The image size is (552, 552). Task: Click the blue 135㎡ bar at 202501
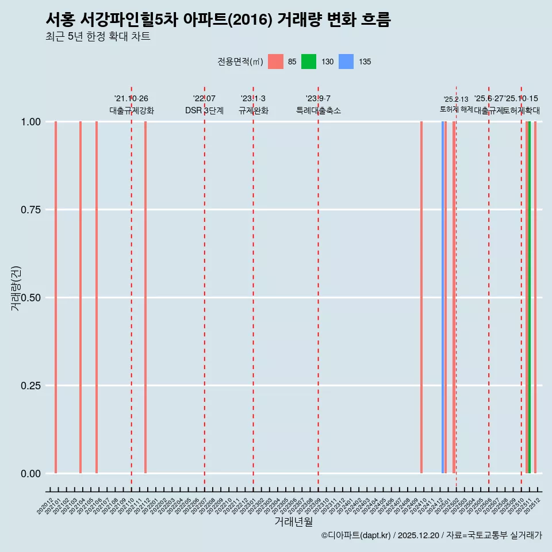click(443, 297)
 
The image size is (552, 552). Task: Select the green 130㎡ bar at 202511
click(529, 297)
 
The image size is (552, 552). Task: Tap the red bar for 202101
click(56, 297)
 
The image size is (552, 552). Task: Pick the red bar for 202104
click(80, 297)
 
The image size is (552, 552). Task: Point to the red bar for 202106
click(97, 297)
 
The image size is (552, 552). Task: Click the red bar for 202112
click(145, 297)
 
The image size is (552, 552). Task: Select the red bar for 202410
click(421, 297)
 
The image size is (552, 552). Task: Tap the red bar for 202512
click(535, 297)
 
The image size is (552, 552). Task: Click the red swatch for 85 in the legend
click(276, 62)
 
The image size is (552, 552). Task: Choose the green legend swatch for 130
click(309, 62)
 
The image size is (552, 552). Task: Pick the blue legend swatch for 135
click(346, 62)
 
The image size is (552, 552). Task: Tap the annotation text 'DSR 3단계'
click(204, 110)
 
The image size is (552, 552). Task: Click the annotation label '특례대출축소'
click(318, 110)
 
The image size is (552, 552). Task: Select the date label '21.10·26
click(131, 99)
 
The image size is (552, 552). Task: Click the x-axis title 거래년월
click(293, 522)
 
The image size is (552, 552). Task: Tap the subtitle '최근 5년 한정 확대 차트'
click(98, 37)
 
